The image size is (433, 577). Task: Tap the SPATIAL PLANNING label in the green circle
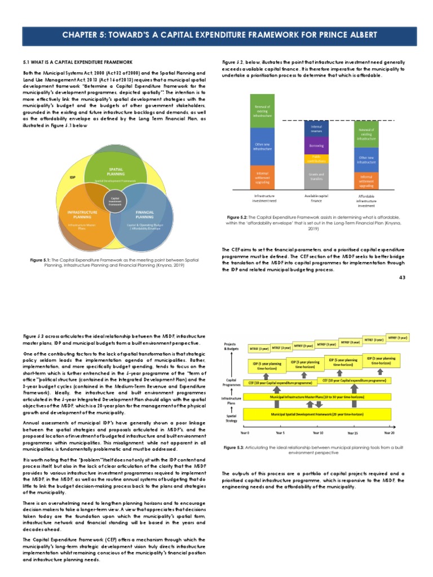(x=116, y=171)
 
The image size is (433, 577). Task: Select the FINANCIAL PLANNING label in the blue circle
(x=144, y=214)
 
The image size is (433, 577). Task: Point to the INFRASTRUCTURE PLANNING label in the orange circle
(x=82, y=214)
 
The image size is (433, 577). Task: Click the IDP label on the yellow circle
(x=72, y=177)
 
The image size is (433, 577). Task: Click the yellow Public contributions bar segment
(x=316, y=158)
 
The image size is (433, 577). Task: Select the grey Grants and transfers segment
(x=316, y=176)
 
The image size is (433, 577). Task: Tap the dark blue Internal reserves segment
(x=316, y=129)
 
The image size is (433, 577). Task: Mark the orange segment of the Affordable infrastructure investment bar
(x=366, y=179)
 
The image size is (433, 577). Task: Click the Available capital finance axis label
(x=316, y=198)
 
